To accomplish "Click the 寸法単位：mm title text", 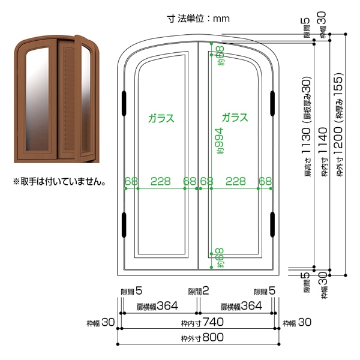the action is (x=198, y=19).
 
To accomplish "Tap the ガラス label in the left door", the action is (x=161, y=118).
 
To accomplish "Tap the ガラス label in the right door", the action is (x=235, y=118).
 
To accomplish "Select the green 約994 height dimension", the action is (x=219, y=141).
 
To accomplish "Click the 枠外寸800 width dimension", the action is (x=202, y=337).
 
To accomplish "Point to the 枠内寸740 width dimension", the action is (x=202, y=322).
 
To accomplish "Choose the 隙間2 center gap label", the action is (x=199, y=291).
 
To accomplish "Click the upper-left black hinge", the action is (x=124, y=103).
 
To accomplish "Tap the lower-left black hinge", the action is (x=124, y=225).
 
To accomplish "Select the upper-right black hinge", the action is (x=272, y=103).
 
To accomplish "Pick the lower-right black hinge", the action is (x=272, y=224).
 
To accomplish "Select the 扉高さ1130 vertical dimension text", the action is (x=307, y=126).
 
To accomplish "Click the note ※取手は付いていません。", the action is (x=59, y=182).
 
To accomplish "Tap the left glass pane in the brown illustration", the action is (x=38, y=99).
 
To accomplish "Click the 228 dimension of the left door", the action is (x=160, y=181).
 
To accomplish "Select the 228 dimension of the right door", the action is (x=236, y=181).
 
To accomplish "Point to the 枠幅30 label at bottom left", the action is (x=101, y=323).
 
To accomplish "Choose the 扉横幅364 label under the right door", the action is (x=241, y=306).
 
